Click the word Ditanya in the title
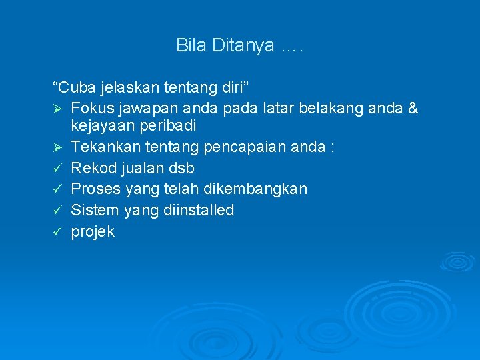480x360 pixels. pos(243,45)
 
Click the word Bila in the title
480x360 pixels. pos(191,45)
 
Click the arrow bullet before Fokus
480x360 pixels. pos(57,108)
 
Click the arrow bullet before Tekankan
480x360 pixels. pos(57,147)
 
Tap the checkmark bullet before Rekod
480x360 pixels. pos(57,168)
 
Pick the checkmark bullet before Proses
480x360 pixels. pos(57,189)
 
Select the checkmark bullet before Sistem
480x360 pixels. pos(57,211)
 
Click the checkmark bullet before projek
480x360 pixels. pos(57,232)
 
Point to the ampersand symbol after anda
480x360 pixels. pos(411,108)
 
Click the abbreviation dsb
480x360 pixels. pos(181,168)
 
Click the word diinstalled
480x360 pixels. pos(203,211)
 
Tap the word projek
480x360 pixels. pos(93,232)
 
